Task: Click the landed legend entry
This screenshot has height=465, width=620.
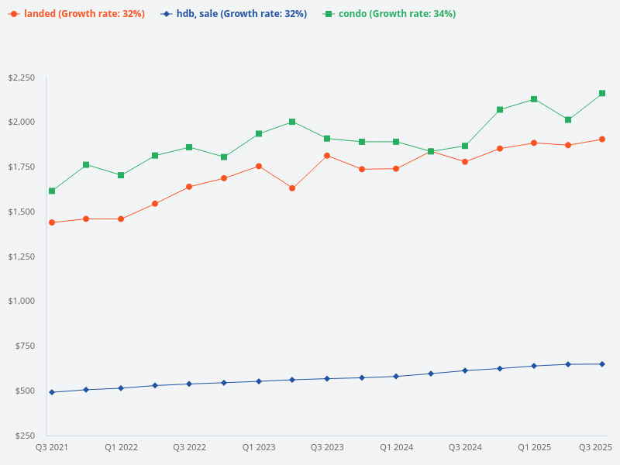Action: [76, 14]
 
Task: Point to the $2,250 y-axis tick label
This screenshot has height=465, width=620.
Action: [21, 78]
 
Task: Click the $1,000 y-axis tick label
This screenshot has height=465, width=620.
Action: [21, 301]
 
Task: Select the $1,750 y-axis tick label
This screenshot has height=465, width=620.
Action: [21, 167]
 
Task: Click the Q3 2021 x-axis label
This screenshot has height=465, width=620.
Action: [52, 448]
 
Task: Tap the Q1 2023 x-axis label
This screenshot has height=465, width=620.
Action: [258, 448]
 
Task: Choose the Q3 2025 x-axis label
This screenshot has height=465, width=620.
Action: [596, 448]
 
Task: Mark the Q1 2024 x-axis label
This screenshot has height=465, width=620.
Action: [396, 448]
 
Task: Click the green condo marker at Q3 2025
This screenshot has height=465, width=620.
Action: [602, 94]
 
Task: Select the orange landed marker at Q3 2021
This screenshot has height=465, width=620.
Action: [52, 222]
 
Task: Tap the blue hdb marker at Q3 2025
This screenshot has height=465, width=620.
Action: [602, 364]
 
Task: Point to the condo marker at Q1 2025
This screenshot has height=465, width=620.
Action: [534, 99]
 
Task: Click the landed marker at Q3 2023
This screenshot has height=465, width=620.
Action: [327, 156]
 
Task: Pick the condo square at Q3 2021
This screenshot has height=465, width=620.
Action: [52, 191]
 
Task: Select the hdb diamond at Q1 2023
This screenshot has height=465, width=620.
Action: [258, 381]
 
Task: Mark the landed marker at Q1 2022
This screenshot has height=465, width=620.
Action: [121, 219]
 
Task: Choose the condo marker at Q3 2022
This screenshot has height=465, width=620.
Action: [189, 147]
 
